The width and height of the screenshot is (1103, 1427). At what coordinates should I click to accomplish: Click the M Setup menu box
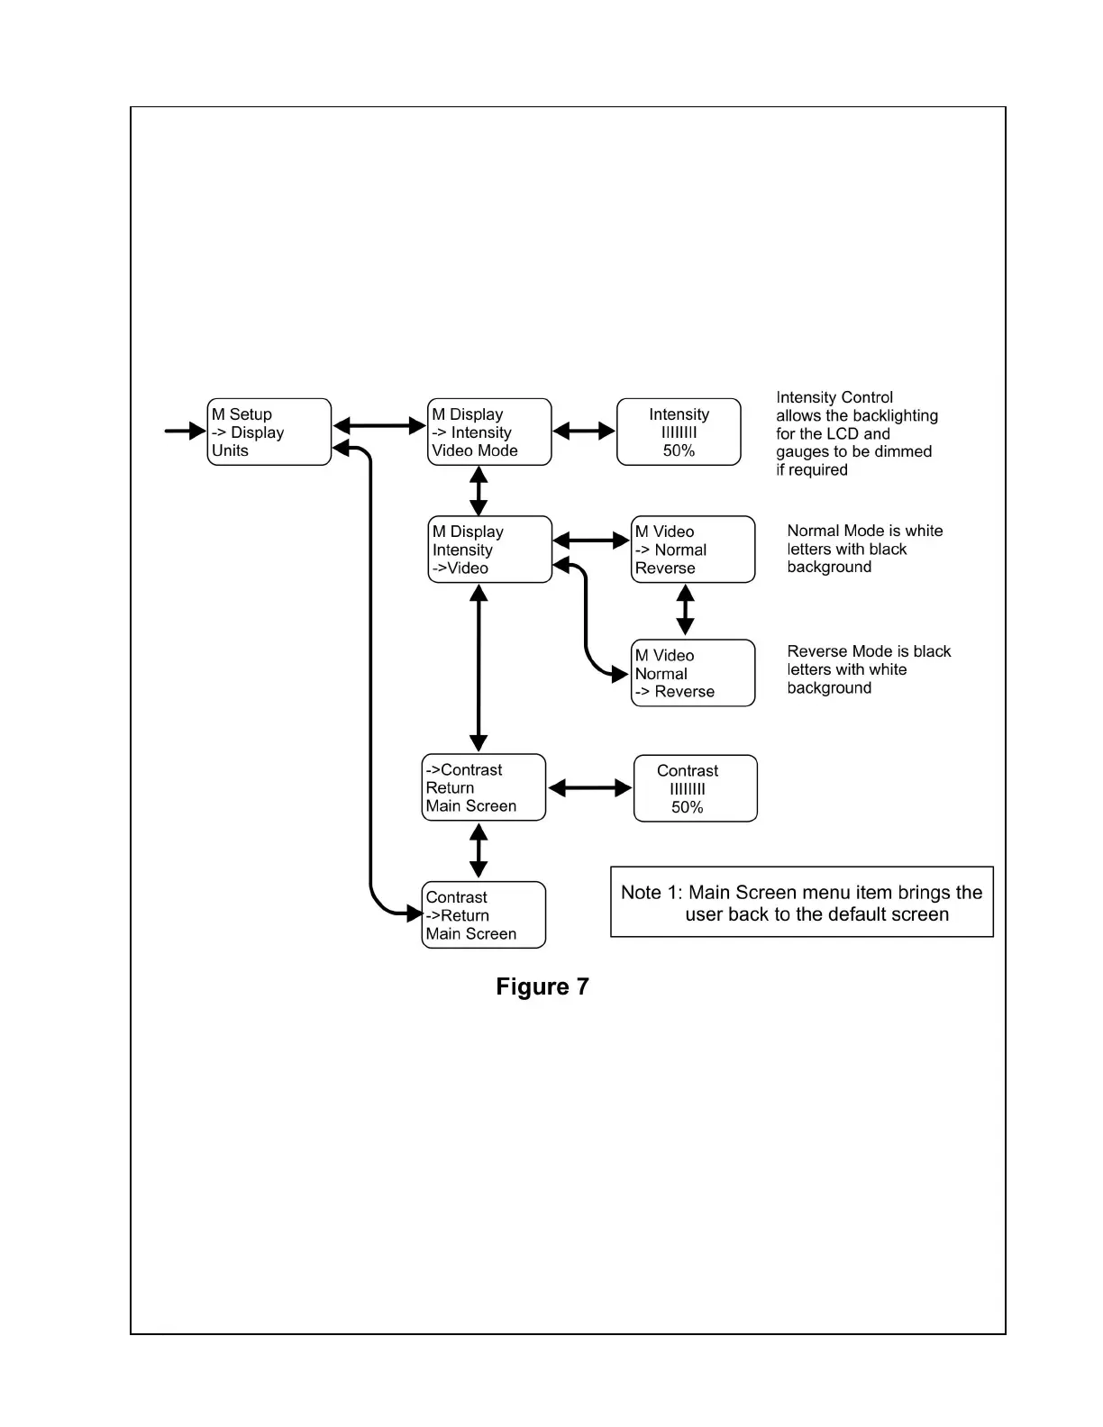tap(269, 432)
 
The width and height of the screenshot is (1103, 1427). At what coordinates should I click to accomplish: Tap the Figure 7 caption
tap(542, 986)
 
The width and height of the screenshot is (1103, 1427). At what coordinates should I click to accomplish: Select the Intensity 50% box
tap(679, 432)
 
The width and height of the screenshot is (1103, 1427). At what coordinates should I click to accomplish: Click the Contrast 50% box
tap(695, 788)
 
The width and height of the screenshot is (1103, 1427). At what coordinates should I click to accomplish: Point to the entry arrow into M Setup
tap(185, 431)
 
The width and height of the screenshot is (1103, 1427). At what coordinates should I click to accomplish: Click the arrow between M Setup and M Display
tap(379, 426)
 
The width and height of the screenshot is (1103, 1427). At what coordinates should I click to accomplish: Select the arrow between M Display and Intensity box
tap(584, 432)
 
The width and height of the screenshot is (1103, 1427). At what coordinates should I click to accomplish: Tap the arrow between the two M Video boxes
tap(686, 610)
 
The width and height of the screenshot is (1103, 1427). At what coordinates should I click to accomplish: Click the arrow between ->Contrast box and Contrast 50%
tap(590, 788)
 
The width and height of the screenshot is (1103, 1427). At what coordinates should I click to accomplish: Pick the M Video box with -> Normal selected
tap(692, 550)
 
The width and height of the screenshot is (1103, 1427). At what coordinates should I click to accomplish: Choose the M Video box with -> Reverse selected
tap(692, 673)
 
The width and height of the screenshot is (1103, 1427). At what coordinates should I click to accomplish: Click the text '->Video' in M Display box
tap(460, 568)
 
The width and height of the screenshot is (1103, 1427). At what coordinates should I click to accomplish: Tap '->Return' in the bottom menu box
tap(458, 915)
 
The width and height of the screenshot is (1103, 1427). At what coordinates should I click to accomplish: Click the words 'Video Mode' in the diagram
tap(475, 450)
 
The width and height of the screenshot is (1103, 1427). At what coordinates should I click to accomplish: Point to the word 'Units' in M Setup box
tap(230, 450)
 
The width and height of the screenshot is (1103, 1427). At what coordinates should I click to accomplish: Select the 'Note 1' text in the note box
tap(652, 893)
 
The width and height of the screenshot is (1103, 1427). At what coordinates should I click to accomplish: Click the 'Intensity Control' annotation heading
tap(834, 397)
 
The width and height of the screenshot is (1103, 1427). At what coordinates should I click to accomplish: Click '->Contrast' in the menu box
tap(464, 770)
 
